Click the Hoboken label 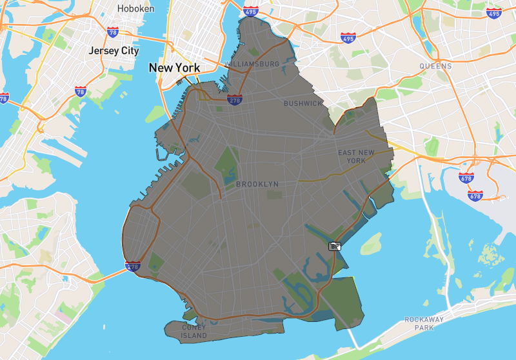[x=136, y=8]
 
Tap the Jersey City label [x=114, y=50]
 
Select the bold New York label [x=174, y=68]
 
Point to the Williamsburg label [x=252, y=65]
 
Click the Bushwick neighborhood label [x=303, y=103]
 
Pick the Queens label [x=435, y=66]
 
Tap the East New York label [x=356, y=156]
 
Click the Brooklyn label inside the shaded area [x=257, y=185]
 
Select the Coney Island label [x=194, y=332]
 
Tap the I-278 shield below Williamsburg [x=234, y=99]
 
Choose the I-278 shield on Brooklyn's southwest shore [x=134, y=266]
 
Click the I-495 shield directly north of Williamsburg [x=252, y=11]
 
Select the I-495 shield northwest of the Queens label [x=348, y=38]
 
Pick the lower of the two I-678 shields [x=475, y=194]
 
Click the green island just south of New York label [x=155, y=114]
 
